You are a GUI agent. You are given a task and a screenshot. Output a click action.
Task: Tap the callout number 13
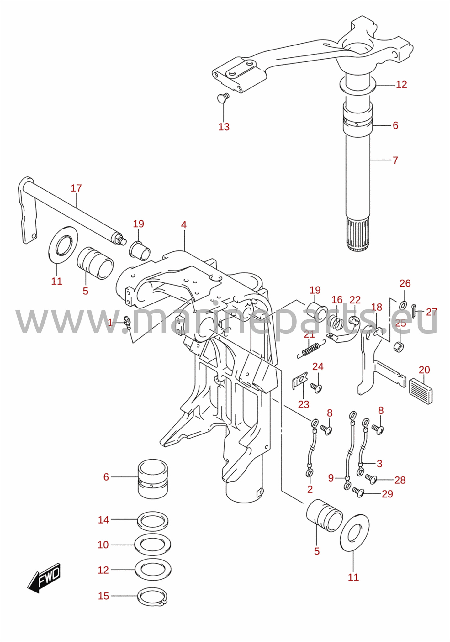tap(224, 127)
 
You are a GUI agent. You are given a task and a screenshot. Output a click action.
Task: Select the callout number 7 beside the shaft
tap(395, 160)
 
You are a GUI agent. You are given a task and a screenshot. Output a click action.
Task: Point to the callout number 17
tap(76, 188)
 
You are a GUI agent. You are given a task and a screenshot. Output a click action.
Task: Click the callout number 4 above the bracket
tap(184, 224)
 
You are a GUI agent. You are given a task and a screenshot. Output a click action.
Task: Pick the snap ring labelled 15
tap(152, 596)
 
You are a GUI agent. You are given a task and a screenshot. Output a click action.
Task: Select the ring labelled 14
tap(153, 520)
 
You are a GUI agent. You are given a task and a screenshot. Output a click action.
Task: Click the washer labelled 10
tap(153, 545)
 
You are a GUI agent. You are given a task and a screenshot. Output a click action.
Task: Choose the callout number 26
tap(405, 283)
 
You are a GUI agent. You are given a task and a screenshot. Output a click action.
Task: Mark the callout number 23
tap(304, 404)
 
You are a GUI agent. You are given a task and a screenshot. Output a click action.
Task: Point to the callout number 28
tap(400, 480)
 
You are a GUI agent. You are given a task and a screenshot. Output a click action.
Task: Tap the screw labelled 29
tap(358, 492)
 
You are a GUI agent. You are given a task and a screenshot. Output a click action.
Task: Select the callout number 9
tap(331, 478)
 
